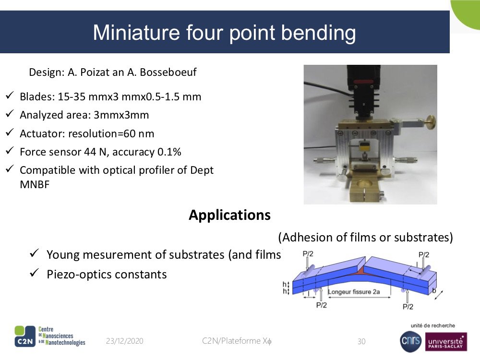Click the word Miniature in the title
[136, 33]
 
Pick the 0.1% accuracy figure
[169, 152]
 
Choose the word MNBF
[35, 185]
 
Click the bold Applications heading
[229, 215]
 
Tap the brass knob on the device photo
[431, 123]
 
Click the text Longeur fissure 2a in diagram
[354, 292]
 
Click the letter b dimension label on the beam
[434, 290]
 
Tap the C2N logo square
[25, 336]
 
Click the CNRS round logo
[411, 342]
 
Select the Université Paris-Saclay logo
[446, 342]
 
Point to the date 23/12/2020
[125, 341]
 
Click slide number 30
[361, 341]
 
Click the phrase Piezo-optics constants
[107, 275]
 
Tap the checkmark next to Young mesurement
[34, 253]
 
